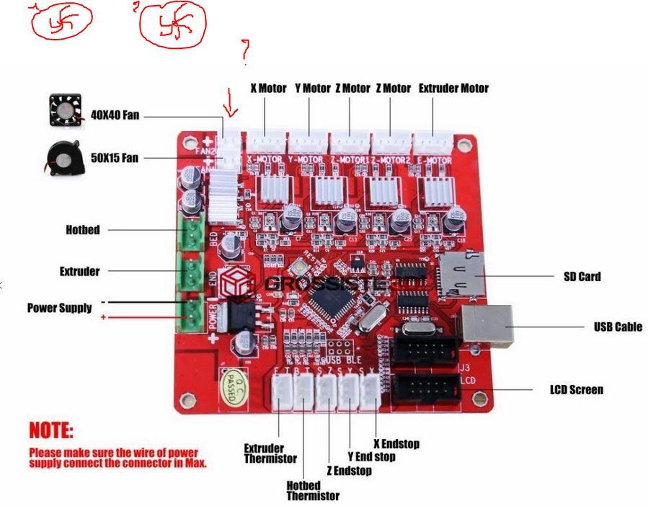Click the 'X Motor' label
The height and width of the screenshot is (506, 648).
268,89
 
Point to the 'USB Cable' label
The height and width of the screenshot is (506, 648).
618,327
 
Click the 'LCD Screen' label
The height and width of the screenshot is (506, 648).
576,390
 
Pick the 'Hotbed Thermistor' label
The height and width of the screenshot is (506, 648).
312,490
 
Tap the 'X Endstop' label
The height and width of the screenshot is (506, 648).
396,443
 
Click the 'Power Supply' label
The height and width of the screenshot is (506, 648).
60,308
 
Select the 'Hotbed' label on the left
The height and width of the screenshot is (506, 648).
82,230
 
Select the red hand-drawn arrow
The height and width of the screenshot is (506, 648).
231,101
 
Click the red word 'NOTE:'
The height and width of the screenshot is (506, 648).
50,431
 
